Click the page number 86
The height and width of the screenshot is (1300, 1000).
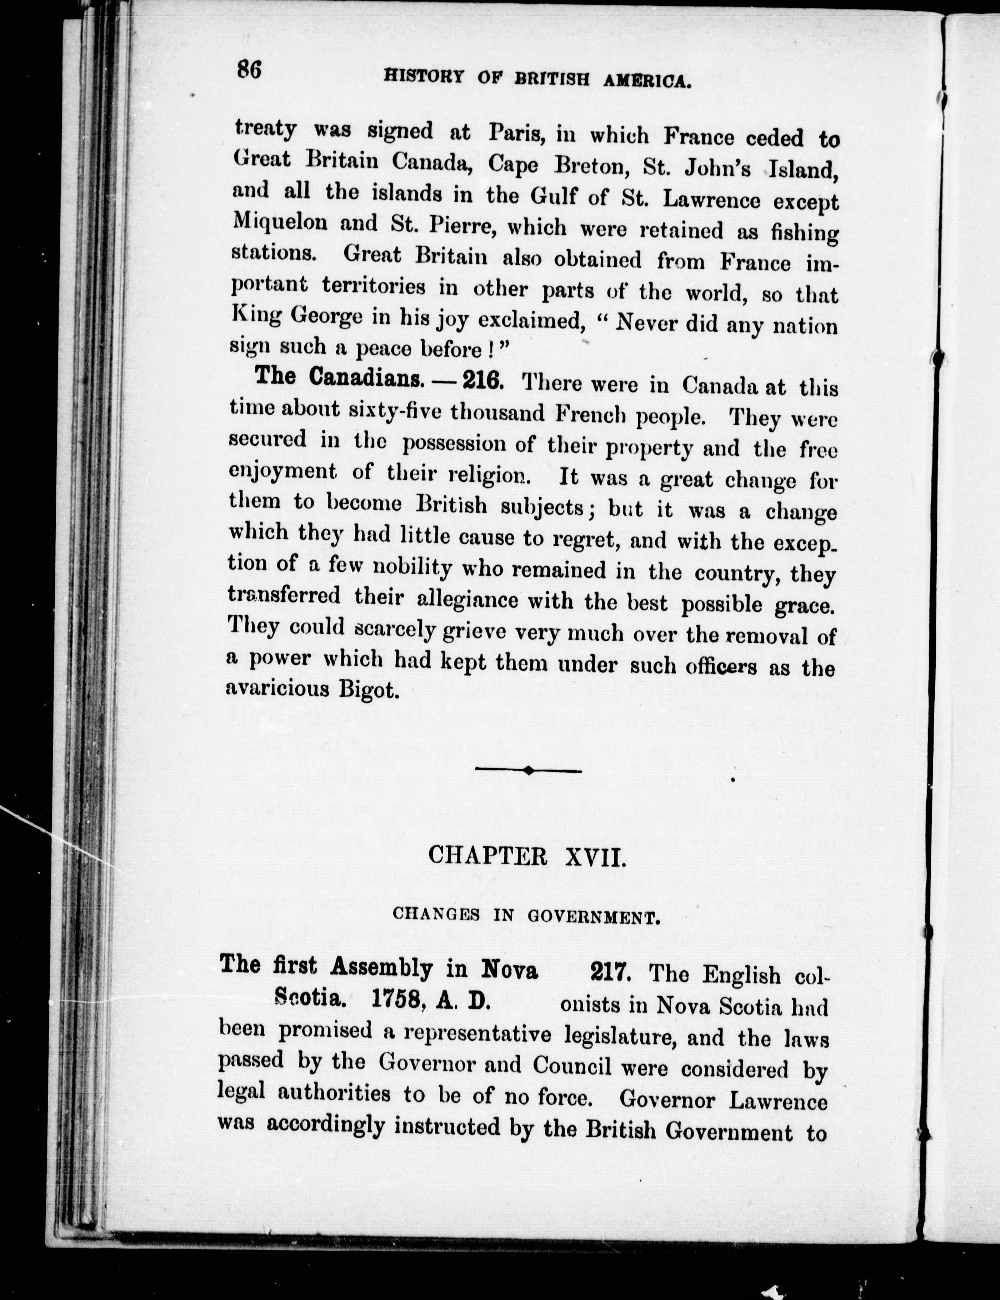[249, 70]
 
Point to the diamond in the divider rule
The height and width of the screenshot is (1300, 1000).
[528, 770]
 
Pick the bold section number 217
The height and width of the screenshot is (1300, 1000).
[610, 972]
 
